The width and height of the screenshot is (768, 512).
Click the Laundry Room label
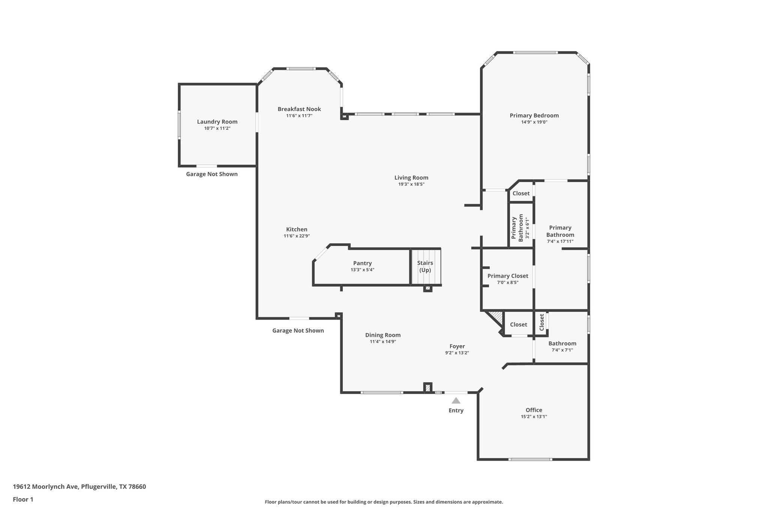217,122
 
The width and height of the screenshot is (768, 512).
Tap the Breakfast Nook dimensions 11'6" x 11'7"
299,116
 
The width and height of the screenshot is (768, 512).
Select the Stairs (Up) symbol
425,267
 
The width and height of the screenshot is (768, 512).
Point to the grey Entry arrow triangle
456,401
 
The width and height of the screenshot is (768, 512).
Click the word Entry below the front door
456,410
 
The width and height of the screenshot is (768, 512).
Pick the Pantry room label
362,263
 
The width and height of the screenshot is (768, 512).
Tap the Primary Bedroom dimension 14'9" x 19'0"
534,122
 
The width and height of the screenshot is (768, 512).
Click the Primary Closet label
508,276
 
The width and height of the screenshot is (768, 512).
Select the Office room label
534,410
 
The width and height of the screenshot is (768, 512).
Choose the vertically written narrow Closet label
541,322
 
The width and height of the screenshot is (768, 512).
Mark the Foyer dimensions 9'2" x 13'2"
457,353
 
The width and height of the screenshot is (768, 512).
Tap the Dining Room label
382,335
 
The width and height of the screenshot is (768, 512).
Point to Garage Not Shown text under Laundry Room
212,174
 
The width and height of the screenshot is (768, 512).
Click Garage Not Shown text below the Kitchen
298,330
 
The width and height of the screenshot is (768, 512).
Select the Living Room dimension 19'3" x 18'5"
411,184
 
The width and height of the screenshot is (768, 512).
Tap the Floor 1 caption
23,499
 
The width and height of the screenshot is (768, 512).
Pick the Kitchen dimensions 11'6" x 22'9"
297,236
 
